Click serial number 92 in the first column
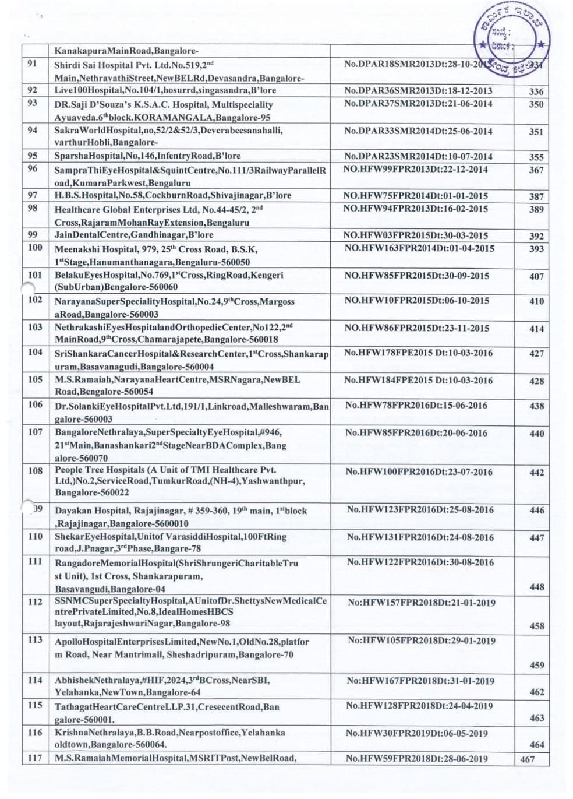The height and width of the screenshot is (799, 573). coord(33,90)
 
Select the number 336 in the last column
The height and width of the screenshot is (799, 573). coord(536,91)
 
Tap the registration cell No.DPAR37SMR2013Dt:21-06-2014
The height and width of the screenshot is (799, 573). coord(418,104)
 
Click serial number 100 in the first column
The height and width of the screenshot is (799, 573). coord(35,247)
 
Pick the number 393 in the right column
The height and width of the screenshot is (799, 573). coord(536,249)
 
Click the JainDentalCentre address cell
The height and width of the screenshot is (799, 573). coord(134,235)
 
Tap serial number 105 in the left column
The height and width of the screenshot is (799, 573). coord(35,379)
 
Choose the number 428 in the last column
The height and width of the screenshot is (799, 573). coord(536,381)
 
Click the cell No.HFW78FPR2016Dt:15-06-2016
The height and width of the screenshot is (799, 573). coord(416,405)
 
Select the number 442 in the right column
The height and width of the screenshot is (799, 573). coord(536,473)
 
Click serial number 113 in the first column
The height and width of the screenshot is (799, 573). coord(35,639)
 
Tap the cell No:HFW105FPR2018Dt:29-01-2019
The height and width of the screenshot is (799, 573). coord(422,640)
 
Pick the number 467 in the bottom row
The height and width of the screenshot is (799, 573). coord(528,759)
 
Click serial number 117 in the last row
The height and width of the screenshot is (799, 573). coord(35,758)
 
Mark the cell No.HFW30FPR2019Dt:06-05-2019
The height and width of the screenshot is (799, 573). coord(417,733)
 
